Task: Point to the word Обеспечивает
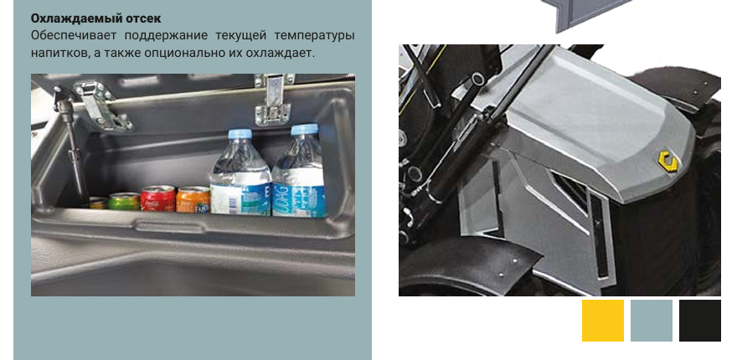[75, 36]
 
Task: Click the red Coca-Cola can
[158, 198]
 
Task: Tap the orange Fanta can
[193, 200]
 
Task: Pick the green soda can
[124, 201]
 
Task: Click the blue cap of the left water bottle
[240, 133]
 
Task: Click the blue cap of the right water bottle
[304, 129]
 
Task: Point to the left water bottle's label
[240, 198]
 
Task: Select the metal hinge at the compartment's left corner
[102, 105]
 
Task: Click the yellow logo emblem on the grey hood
[668, 162]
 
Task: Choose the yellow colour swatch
[602, 321]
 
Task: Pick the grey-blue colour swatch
[652, 321]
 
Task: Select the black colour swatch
[700, 321]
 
